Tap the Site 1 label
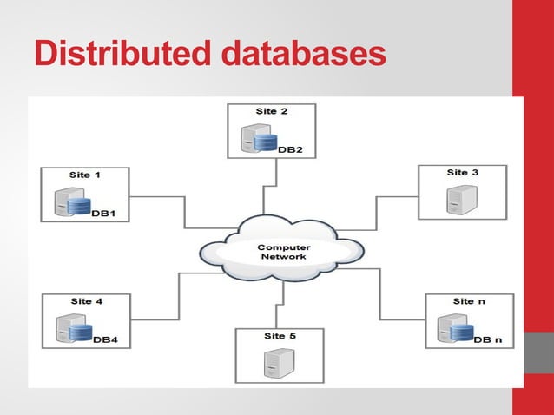tap(85, 175)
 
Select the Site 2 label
tap(271, 111)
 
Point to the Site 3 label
tap(462, 172)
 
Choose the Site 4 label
tap(86, 301)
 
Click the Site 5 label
tap(280, 335)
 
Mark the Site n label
tap(463, 301)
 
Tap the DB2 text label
tap(290, 149)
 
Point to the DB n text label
tap(488, 339)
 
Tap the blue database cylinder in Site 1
tap(80, 207)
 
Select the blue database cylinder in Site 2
tap(267, 141)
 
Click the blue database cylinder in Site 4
tap(80, 333)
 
